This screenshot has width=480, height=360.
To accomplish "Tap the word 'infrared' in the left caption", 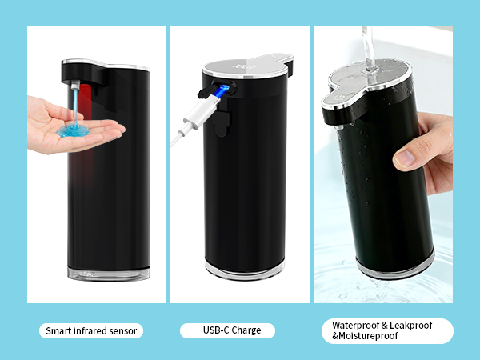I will [x=96, y=330].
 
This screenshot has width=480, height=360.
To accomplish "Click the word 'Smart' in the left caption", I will [x=62, y=330].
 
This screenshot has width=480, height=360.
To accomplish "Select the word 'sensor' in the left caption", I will [x=126, y=330].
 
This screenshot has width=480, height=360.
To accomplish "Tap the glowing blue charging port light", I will [x=224, y=90].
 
